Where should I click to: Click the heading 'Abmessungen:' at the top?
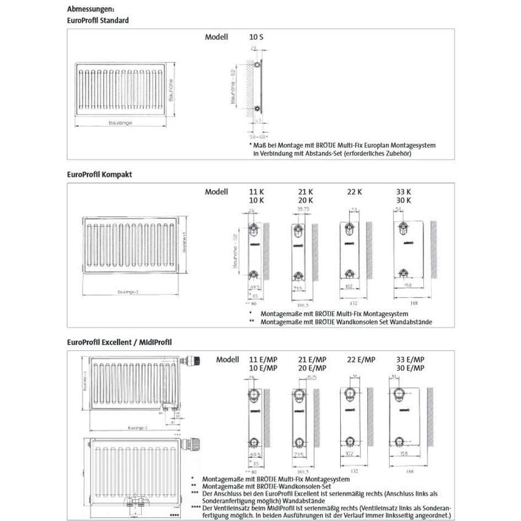pyautogui.click(x=90, y=9)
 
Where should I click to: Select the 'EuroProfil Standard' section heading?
pyautogui.click(x=98, y=20)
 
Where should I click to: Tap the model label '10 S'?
pyautogui.click(x=256, y=37)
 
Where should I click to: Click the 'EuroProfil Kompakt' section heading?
pyautogui.click(x=99, y=174)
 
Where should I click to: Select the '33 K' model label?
pyautogui.click(x=404, y=192)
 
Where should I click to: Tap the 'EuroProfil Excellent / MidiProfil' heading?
pyautogui.click(x=119, y=342)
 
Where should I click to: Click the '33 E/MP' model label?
pyautogui.click(x=410, y=359)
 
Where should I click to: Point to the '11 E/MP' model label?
pyautogui.click(x=264, y=359)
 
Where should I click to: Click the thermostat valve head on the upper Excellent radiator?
pyautogui.click(x=194, y=361)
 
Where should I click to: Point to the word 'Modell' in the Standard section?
pyautogui.click(x=216, y=37)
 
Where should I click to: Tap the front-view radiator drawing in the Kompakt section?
pyautogui.click(x=131, y=246)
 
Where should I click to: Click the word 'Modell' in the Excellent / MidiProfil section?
pyautogui.click(x=227, y=359)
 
